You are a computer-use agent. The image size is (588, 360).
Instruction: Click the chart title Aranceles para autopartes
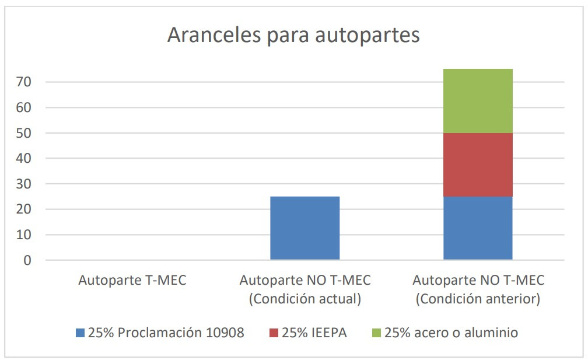pyautogui.click(x=293, y=35)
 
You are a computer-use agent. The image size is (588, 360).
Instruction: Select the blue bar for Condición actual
pyautogui.click(x=304, y=228)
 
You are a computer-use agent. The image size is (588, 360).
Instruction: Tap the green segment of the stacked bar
pyautogui.click(x=478, y=101)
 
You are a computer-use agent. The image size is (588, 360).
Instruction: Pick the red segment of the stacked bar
pyautogui.click(x=478, y=165)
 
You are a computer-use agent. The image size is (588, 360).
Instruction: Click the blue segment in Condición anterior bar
pyautogui.click(x=478, y=228)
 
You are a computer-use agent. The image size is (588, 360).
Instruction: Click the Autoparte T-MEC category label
pyautogui.click(x=132, y=281)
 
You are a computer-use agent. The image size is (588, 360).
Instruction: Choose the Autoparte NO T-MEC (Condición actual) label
pyautogui.click(x=304, y=289)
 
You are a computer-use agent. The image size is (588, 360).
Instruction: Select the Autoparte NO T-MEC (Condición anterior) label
pyautogui.click(x=478, y=289)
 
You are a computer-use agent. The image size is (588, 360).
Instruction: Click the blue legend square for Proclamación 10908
pyautogui.click(x=80, y=334)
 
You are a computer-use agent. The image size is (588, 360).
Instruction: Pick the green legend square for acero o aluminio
pyautogui.click(x=376, y=334)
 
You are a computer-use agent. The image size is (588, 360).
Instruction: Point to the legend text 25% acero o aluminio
pyautogui.click(x=451, y=334)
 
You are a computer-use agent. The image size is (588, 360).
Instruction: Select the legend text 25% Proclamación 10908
pyautogui.click(x=166, y=334)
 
